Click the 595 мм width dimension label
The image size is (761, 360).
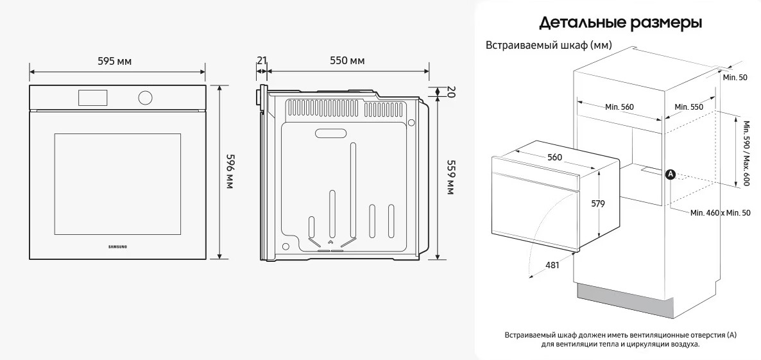(115, 62)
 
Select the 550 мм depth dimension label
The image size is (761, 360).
(348, 61)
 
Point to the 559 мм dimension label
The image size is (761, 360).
(449, 178)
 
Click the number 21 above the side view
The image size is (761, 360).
(262, 61)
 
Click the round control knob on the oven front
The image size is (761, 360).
(144, 98)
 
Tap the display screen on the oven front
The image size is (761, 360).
(92, 97)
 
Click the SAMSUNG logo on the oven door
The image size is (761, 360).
(117, 246)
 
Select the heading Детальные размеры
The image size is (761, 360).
(620, 23)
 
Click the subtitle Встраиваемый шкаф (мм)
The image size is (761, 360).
(549, 45)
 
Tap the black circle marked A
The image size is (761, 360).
(671, 174)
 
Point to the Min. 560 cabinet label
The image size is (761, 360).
(619, 107)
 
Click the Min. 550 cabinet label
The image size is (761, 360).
(688, 107)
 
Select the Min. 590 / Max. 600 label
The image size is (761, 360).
(749, 153)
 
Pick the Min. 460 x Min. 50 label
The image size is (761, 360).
(721, 213)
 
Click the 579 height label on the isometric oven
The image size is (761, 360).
(598, 204)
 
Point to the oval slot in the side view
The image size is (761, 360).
(332, 132)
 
